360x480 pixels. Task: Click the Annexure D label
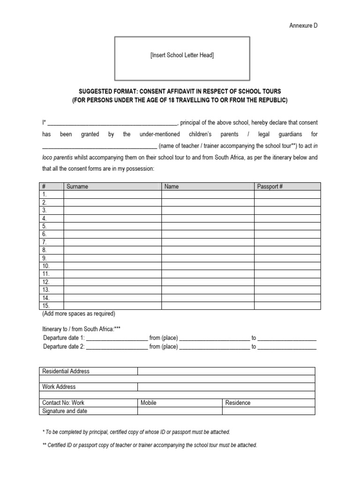click(303, 26)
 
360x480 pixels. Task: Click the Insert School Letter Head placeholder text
click(182, 55)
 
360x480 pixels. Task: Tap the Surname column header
click(77, 187)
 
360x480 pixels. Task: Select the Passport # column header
click(270, 187)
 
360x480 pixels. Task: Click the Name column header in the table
click(172, 187)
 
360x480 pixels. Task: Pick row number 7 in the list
click(45, 242)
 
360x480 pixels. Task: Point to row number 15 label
click(45, 306)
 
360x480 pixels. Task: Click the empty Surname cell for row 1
click(112, 195)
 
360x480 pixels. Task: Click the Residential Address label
click(66, 371)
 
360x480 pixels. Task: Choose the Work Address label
click(59, 387)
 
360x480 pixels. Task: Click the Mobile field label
click(148, 403)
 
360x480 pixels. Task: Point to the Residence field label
click(238, 403)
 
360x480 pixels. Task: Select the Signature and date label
click(65, 411)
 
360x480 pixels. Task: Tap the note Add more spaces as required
click(78, 314)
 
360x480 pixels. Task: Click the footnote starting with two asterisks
click(150, 445)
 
